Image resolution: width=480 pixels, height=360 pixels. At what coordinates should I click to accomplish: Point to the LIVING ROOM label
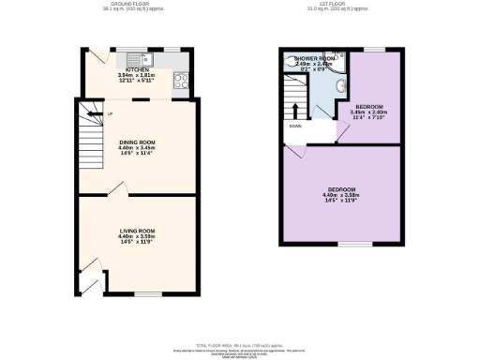[x=136, y=230]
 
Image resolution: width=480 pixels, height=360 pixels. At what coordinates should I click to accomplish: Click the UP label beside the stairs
[x=110, y=116]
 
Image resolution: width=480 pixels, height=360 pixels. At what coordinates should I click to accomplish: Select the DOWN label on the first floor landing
[x=295, y=125]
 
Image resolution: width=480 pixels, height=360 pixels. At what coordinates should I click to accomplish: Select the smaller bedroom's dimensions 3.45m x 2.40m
[x=367, y=112]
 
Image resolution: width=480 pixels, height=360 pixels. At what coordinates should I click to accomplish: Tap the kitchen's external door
[x=95, y=60]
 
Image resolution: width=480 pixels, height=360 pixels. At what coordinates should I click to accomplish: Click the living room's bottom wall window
[x=142, y=293]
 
